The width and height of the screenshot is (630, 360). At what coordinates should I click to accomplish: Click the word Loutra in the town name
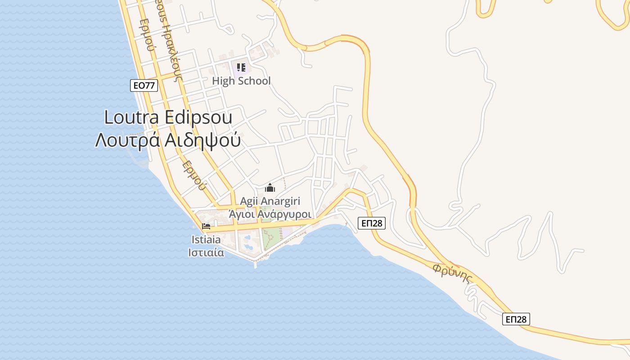(x=131, y=117)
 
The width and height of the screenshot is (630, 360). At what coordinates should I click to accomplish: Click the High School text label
(x=241, y=81)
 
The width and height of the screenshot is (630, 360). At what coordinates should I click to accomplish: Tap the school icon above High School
(x=241, y=68)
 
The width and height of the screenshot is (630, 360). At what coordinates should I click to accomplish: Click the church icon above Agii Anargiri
(x=270, y=188)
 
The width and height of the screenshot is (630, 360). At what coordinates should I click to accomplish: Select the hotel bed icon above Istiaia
(x=206, y=226)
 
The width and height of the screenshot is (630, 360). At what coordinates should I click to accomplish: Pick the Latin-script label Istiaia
(x=205, y=239)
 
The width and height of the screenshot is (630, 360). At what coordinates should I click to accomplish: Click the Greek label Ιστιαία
(x=206, y=252)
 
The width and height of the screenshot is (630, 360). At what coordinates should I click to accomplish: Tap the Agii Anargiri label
(x=270, y=201)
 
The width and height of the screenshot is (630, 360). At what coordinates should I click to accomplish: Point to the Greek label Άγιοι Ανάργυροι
(x=270, y=214)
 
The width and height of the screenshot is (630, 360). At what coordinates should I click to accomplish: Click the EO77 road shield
(x=144, y=85)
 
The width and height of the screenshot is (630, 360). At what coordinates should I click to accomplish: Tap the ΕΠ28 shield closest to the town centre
(x=372, y=223)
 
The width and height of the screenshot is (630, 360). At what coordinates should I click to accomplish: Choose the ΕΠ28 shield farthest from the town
(x=516, y=319)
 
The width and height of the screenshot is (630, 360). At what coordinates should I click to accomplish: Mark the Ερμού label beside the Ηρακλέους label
(x=147, y=36)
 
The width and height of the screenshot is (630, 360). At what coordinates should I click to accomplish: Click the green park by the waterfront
(x=271, y=238)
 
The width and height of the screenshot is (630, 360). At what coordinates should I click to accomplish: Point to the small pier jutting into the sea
(x=256, y=264)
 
